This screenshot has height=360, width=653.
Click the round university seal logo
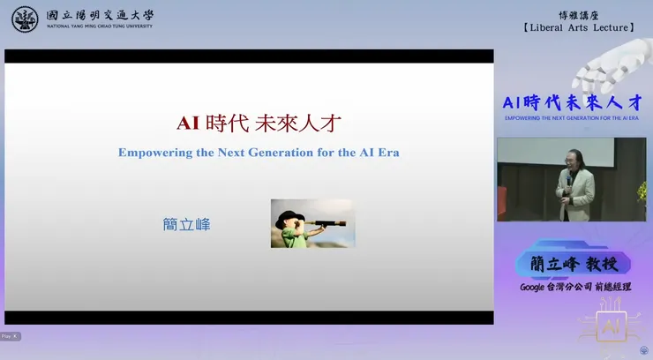25,19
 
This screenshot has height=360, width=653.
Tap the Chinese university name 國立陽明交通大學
99,14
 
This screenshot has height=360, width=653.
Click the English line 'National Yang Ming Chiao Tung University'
99,26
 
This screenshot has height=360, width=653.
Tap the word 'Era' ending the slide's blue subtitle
387,152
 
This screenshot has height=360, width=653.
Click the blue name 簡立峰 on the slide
186,224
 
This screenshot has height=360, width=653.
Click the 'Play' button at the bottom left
7,336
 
